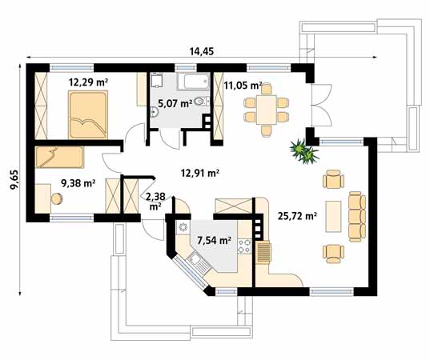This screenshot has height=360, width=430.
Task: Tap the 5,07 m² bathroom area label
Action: tap(174, 103)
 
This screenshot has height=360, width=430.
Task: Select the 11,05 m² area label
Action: tap(243, 85)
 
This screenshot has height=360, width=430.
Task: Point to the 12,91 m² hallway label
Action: tap(200, 171)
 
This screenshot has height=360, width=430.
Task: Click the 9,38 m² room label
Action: tap(78, 182)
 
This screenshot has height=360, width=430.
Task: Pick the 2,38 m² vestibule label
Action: tap(157, 199)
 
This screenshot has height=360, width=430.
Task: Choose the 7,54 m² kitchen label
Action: tap(214, 238)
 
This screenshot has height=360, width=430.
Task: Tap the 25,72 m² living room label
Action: tap(295, 215)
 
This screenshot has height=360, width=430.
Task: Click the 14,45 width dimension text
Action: tap(201, 51)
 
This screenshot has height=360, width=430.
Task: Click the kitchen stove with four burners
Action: tap(247, 238)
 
